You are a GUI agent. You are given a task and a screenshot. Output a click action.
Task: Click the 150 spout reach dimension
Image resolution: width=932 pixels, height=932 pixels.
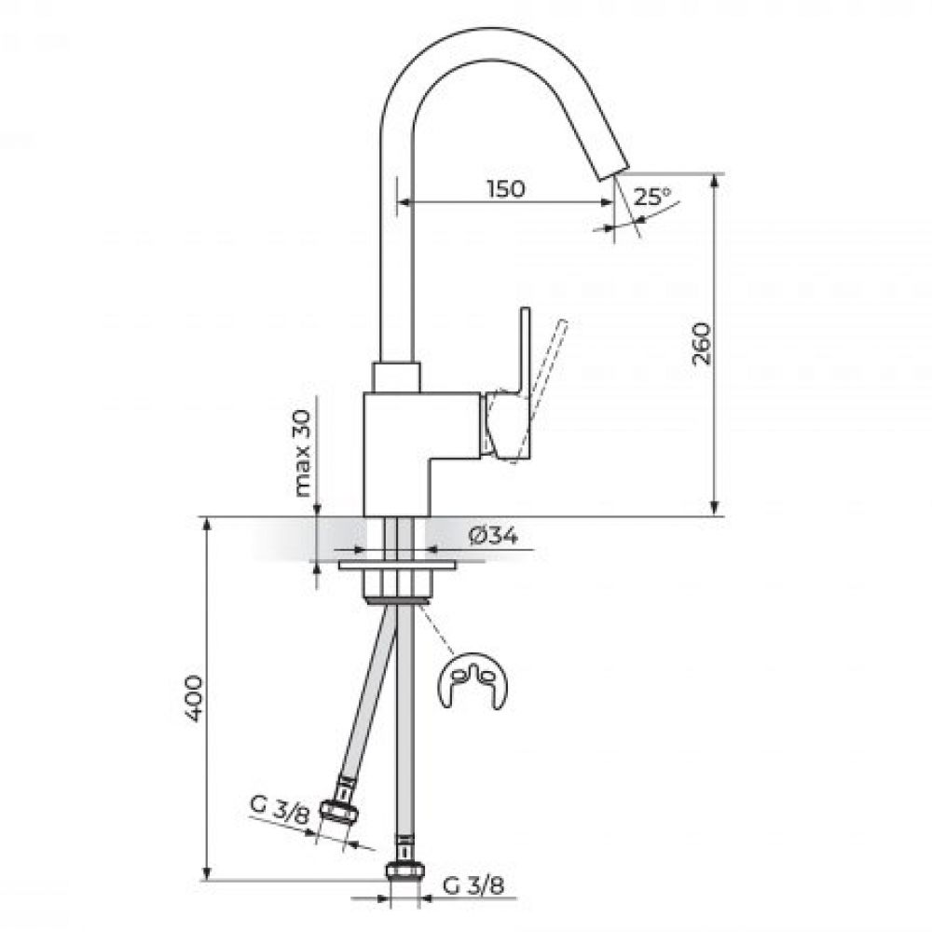(506, 188)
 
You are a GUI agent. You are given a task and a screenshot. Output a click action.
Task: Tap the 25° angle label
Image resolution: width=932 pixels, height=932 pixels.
(652, 196)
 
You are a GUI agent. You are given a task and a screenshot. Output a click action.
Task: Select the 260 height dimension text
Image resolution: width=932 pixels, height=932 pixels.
(702, 344)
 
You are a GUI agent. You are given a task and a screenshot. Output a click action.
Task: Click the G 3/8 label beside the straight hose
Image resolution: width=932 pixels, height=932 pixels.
(473, 886)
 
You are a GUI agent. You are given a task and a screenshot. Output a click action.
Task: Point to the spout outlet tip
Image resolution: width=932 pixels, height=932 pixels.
(612, 170)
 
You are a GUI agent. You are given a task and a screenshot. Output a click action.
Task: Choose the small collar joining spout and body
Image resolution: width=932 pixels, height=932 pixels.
(396, 377)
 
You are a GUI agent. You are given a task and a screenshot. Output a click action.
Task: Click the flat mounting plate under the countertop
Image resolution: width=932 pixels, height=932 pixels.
(397, 565)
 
